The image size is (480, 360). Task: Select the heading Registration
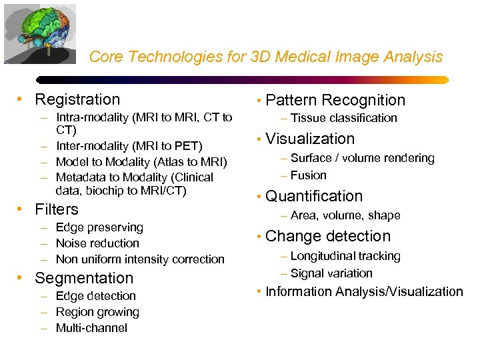click(77, 100)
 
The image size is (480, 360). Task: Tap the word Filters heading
click(57, 209)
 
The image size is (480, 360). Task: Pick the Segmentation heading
click(84, 278)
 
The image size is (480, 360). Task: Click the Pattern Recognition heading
click(335, 101)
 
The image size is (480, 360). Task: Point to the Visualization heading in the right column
click(310, 139)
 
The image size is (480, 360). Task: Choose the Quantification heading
click(314, 197)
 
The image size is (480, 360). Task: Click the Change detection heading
click(328, 237)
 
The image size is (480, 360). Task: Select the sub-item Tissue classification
click(343, 118)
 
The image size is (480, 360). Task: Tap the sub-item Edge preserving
click(99, 227)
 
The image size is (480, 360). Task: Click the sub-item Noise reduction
click(97, 243)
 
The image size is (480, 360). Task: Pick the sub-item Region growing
click(97, 312)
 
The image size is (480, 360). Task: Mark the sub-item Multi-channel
click(91, 328)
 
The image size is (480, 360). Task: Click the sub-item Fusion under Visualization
click(308, 175)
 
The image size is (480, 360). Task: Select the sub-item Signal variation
click(331, 273)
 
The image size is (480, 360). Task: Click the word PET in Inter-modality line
click(187, 145)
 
